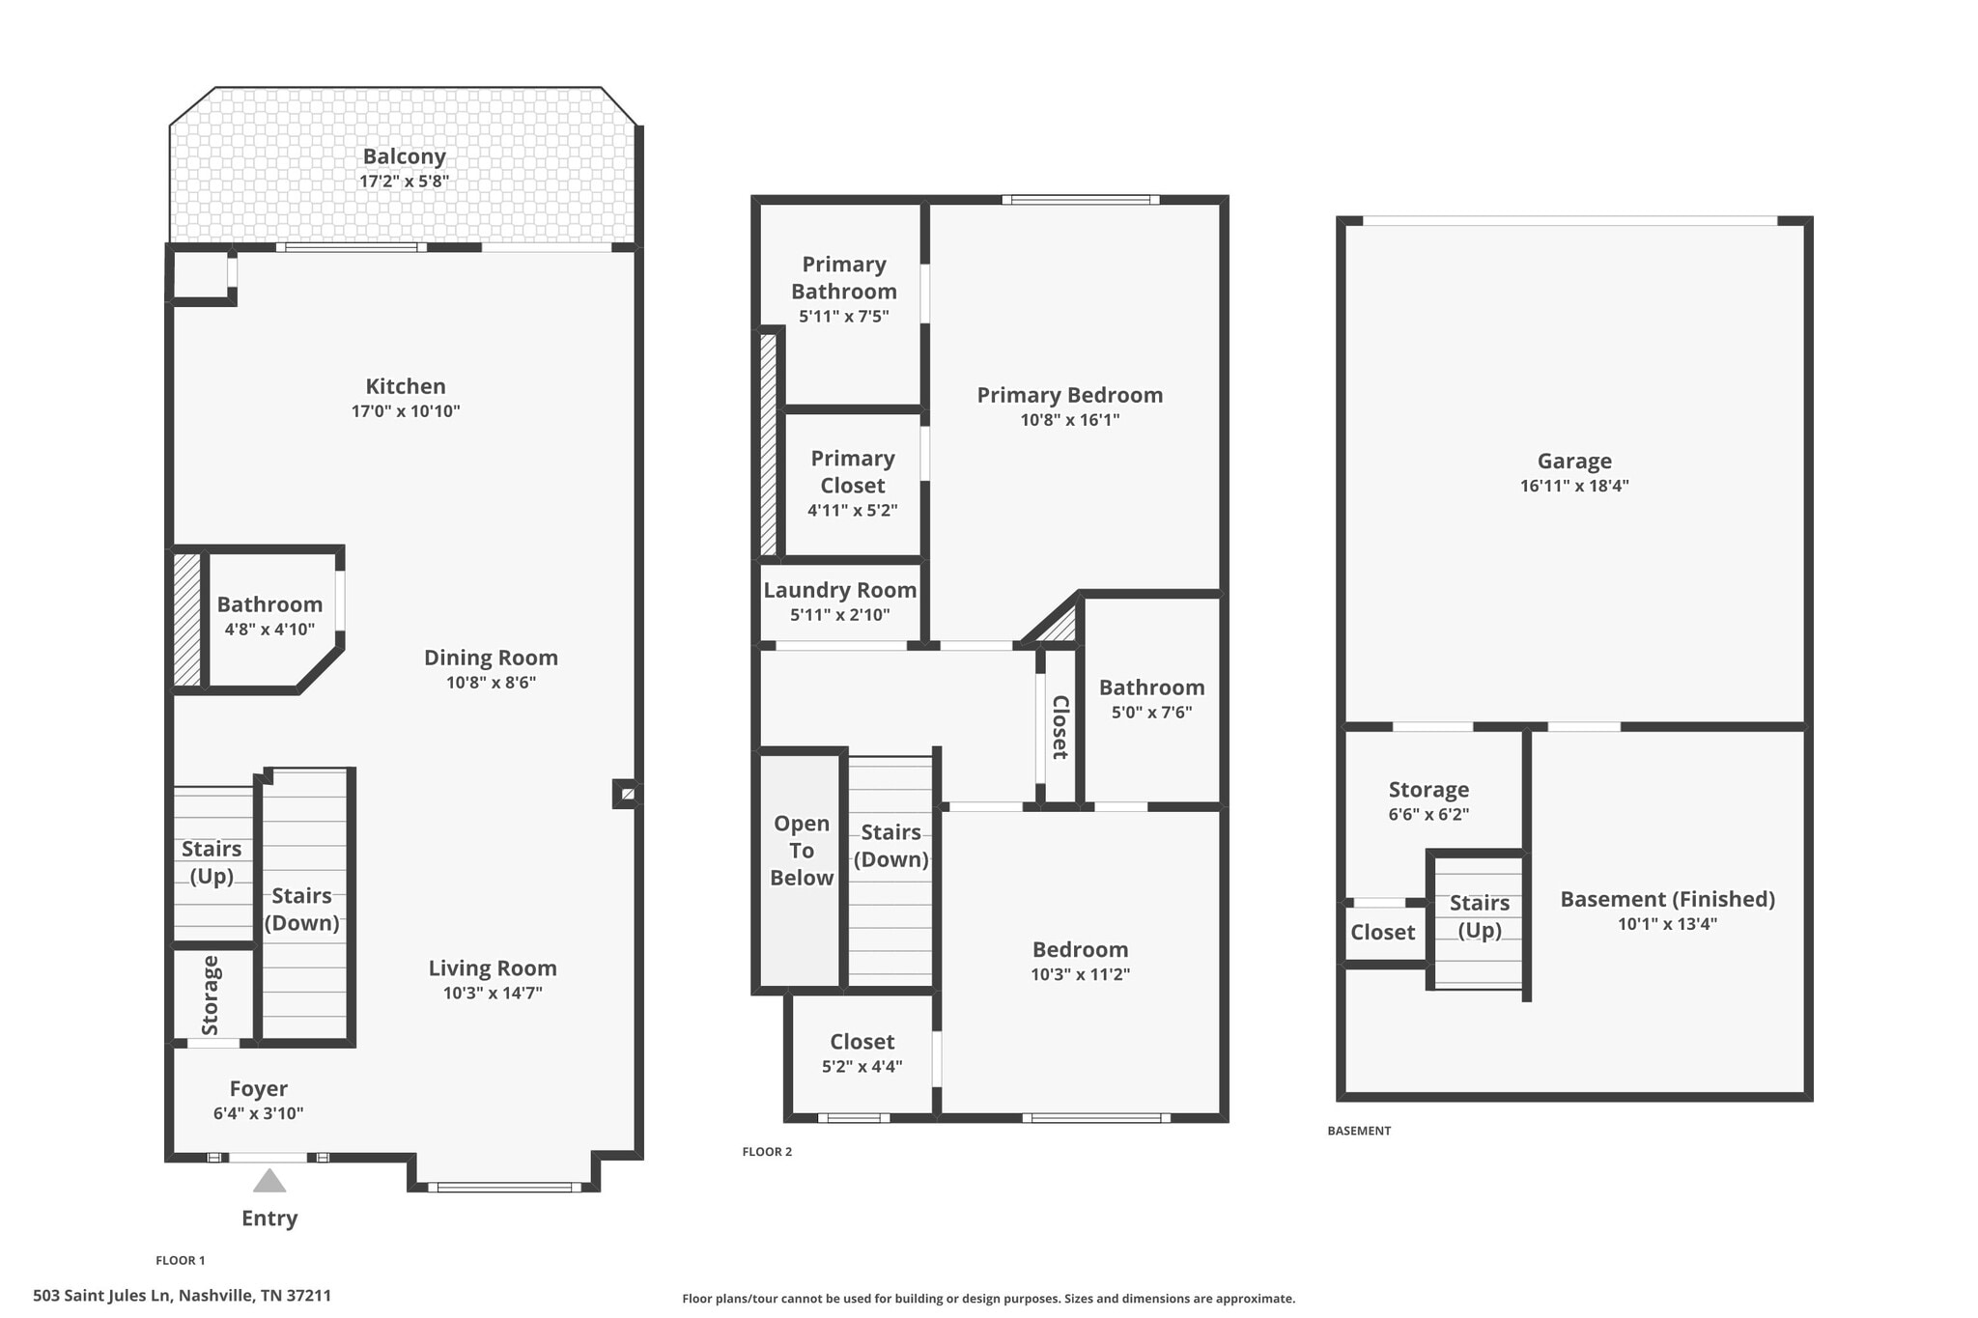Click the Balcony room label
point(404,156)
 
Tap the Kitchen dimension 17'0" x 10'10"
point(405,411)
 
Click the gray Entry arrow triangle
point(269,1181)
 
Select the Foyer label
point(258,1089)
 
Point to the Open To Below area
point(801,851)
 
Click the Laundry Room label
point(839,590)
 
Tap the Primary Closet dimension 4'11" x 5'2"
point(852,510)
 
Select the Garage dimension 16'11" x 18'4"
point(1573,486)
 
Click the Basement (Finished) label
point(1667,899)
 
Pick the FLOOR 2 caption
point(767,1151)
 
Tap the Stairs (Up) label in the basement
point(1479,915)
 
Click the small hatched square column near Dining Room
point(627,794)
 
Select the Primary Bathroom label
point(843,278)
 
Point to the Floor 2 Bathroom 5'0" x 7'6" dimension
point(1151,713)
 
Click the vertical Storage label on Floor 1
point(211,995)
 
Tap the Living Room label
point(493,968)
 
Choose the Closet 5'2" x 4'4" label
point(862,1042)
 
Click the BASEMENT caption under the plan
point(1358,1131)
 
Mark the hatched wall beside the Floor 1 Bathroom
point(187,619)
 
